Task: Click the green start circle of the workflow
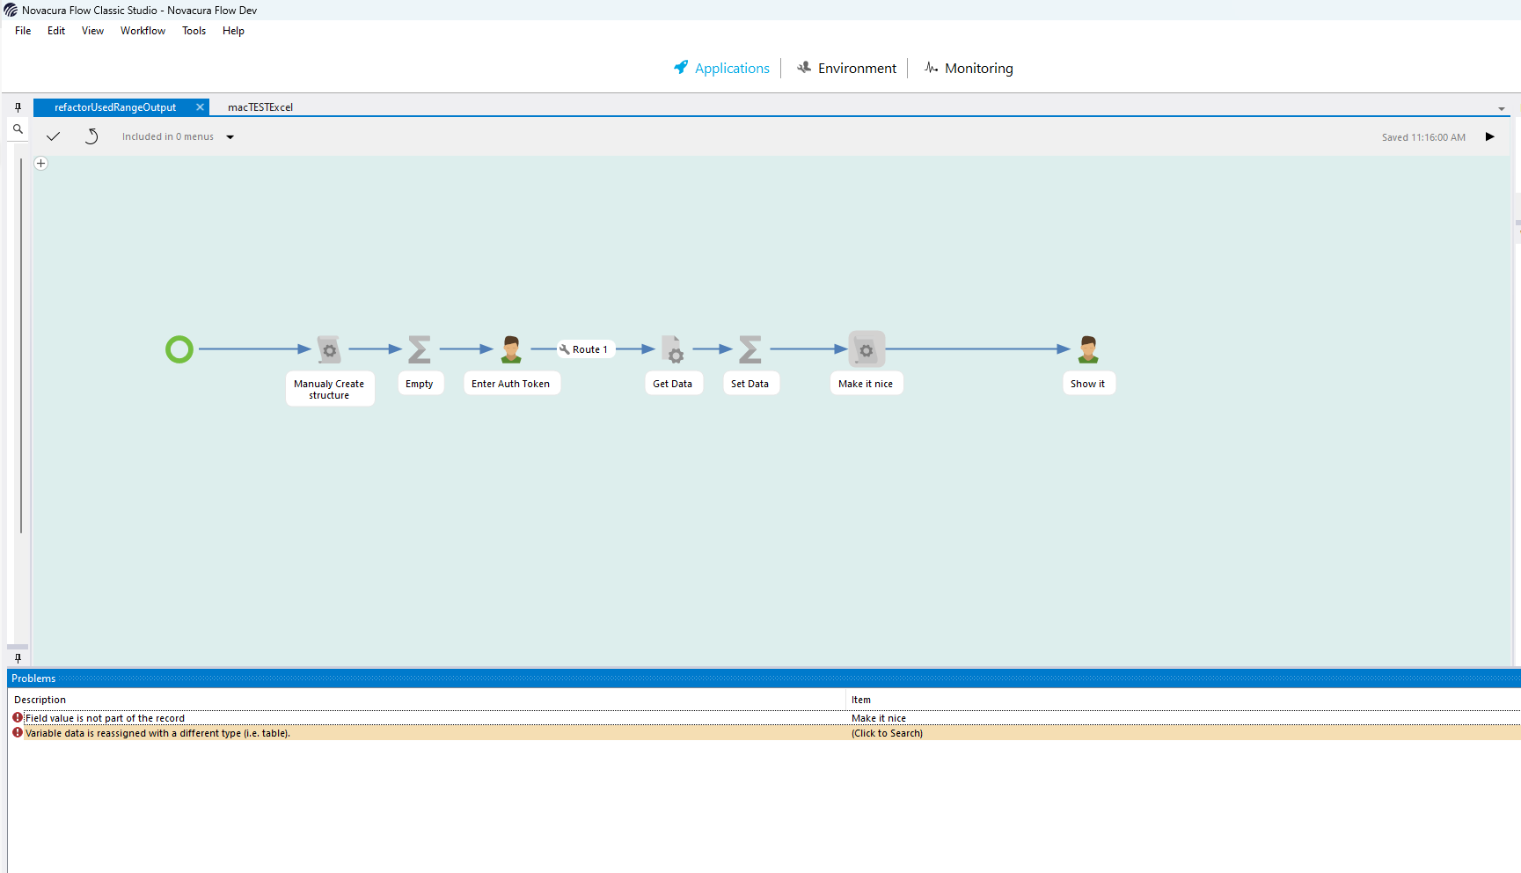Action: tap(179, 349)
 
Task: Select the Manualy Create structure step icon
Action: tap(329, 349)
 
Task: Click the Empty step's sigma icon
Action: tap(420, 349)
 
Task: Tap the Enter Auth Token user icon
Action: tap(511, 349)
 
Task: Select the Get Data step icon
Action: tap(672, 349)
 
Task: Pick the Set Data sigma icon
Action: tap(750, 349)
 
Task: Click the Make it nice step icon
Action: tap(867, 349)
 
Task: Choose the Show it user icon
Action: tap(1088, 349)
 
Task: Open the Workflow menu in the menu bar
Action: tap(143, 31)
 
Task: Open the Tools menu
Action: tap(194, 31)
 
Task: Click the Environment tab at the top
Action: tap(846, 68)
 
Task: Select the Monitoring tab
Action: tap(969, 68)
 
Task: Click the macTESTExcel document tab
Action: tap(260, 107)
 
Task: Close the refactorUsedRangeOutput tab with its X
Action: tap(200, 107)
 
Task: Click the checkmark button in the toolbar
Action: tap(53, 136)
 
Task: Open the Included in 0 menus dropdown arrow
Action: tap(230, 137)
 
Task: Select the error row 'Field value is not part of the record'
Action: tap(105, 718)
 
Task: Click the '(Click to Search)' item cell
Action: tap(887, 733)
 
